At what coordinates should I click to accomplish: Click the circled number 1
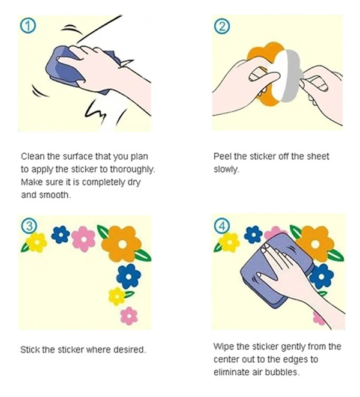[28, 26]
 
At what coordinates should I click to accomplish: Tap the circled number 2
[222, 26]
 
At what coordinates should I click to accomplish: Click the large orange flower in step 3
[122, 244]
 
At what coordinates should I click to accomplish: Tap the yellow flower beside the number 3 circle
[37, 243]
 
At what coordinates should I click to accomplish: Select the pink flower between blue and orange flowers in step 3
[83, 239]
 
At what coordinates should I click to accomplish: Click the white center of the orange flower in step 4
[315, 244]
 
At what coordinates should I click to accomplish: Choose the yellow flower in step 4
[229, 242]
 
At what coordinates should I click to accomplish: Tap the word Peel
[223, 156]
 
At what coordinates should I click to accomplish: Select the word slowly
[226, 169]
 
